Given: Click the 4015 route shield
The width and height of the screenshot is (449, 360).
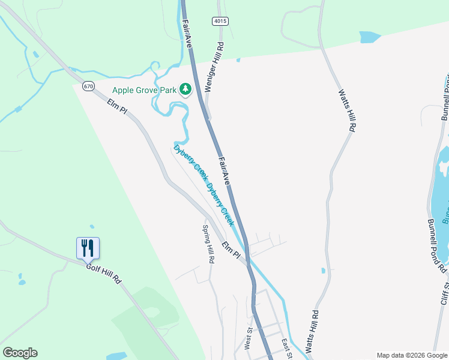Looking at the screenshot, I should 220,21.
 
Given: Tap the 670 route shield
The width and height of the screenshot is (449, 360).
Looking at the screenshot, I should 89,86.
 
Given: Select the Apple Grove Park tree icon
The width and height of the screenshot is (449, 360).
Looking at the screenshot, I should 185,90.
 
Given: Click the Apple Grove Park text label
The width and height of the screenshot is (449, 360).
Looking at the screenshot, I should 144,91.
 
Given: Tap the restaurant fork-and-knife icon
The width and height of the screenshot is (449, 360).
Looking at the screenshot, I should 88,247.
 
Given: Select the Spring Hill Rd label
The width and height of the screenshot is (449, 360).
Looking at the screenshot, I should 208,244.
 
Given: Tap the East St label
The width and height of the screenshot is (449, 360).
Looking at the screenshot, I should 287,347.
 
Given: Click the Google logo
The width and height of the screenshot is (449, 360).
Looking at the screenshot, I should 20,353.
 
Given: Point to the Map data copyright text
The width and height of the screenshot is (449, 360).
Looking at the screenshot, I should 412,355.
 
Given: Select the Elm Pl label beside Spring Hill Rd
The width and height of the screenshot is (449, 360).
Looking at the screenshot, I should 231,251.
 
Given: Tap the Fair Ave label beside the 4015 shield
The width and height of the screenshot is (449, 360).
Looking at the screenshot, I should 187,33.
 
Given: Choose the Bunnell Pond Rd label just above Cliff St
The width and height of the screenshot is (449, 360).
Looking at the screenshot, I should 436,244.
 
